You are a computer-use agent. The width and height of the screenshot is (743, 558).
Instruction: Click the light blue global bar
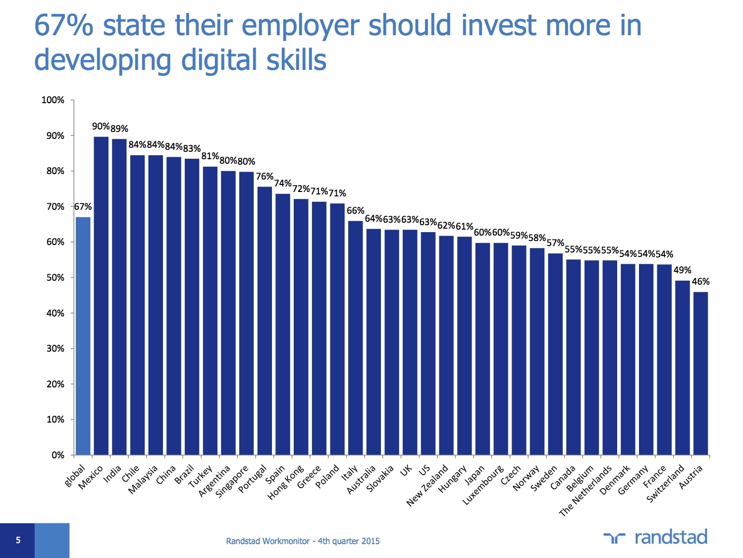83,336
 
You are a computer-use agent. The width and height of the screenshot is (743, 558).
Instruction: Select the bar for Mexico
101,296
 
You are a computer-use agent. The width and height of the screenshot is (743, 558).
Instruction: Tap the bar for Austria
700,373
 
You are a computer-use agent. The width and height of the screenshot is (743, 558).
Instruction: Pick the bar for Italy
356,338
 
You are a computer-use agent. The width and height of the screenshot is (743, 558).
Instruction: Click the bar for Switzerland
682,368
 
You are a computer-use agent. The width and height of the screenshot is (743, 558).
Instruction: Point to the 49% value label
682,270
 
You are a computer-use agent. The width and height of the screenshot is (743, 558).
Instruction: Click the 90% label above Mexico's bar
101,126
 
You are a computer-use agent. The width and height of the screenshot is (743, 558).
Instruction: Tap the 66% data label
355,211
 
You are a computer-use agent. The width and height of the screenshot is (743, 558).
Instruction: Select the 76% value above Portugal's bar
265,177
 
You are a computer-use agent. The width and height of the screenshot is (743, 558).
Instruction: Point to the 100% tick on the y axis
53,100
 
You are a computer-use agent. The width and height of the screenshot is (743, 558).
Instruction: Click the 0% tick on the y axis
57,455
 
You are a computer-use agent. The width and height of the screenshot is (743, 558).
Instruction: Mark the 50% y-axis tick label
55,278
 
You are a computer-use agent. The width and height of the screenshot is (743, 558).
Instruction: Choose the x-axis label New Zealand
427,485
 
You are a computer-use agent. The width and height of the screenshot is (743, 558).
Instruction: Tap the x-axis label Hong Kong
285,483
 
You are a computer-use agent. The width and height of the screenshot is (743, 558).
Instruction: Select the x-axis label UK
406,470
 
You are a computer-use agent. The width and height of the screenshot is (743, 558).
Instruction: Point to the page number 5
18,540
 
